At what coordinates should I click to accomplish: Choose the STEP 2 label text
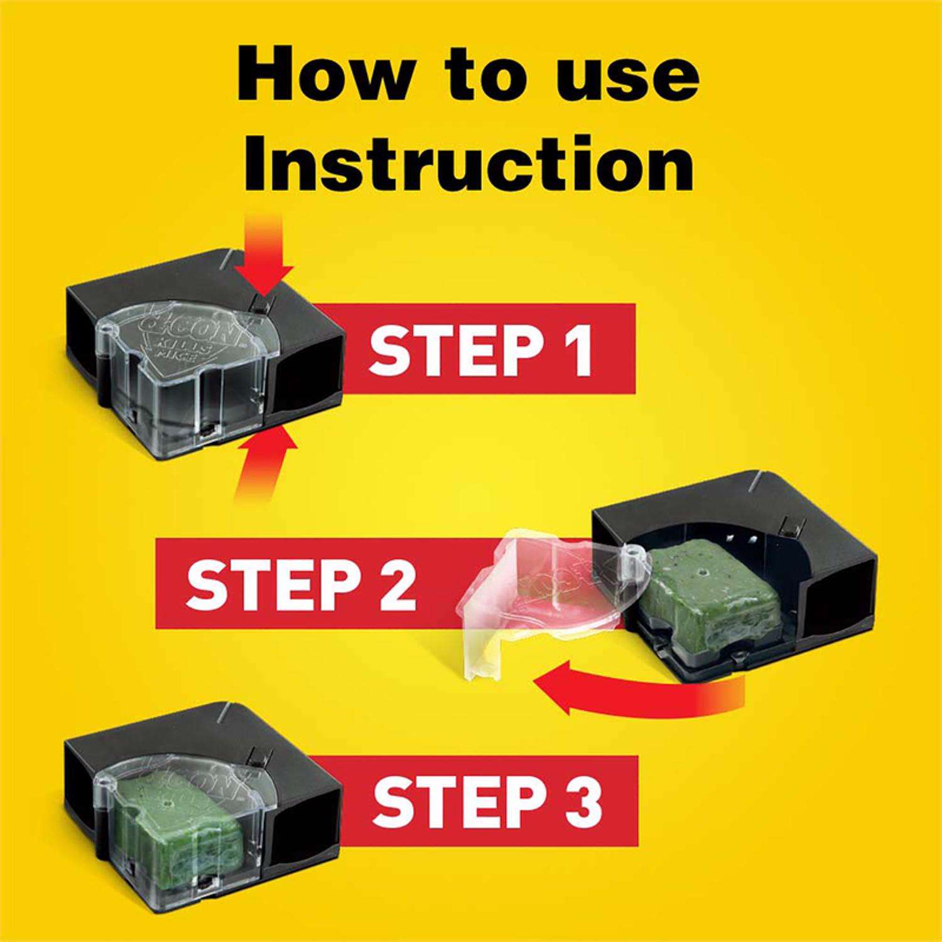coord(301,584)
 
